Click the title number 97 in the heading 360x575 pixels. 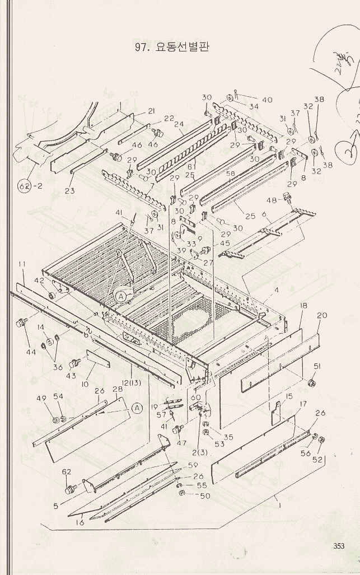pyautogui.click(x=141, y=48)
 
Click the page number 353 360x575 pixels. pyautogui.click(x=339, y=546)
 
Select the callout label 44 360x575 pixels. pyautogui.click(x=31, y=352)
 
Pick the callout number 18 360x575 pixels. pyautogui.click(x=303, y=306)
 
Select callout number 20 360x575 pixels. pyautogui.click(x=321, y=315)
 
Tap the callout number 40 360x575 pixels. pyautogui.click(x=267, y=100)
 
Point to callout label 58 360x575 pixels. pyautogui.click(x=230, y=174)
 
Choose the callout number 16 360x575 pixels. pyautogui.click(x=80, y=522)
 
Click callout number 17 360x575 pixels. pyautogui.click(x=303, y=404)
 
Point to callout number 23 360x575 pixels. pyautogui.click(x=69, y=190)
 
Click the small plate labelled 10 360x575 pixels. pyautogui.click(x=97, y=358)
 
